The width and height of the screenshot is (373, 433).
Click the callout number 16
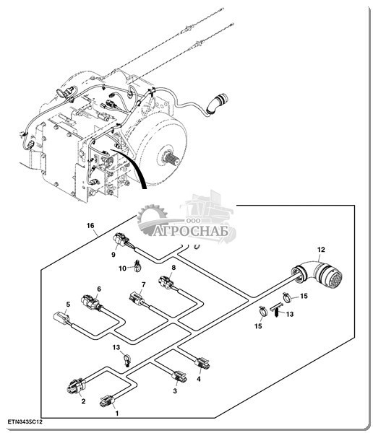(90, 226)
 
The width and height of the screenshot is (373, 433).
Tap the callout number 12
(321, 250)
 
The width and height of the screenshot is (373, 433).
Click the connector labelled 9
(121, 240)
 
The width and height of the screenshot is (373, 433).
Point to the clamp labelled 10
(137, 266)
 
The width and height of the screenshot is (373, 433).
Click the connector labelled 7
(137, 299)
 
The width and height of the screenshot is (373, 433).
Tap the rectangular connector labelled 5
(61, 318)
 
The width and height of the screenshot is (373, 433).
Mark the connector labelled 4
(202, 363)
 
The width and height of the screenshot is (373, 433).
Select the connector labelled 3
(179, 377)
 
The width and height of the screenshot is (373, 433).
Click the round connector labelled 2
(77, 385)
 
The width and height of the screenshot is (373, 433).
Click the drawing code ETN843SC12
(25, 421)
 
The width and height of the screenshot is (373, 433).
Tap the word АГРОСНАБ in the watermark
(191, 231)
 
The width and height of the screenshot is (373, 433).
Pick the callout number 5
(68, 305)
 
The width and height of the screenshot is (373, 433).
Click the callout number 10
(123, 268)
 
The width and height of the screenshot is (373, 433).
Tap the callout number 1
(117, 414)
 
